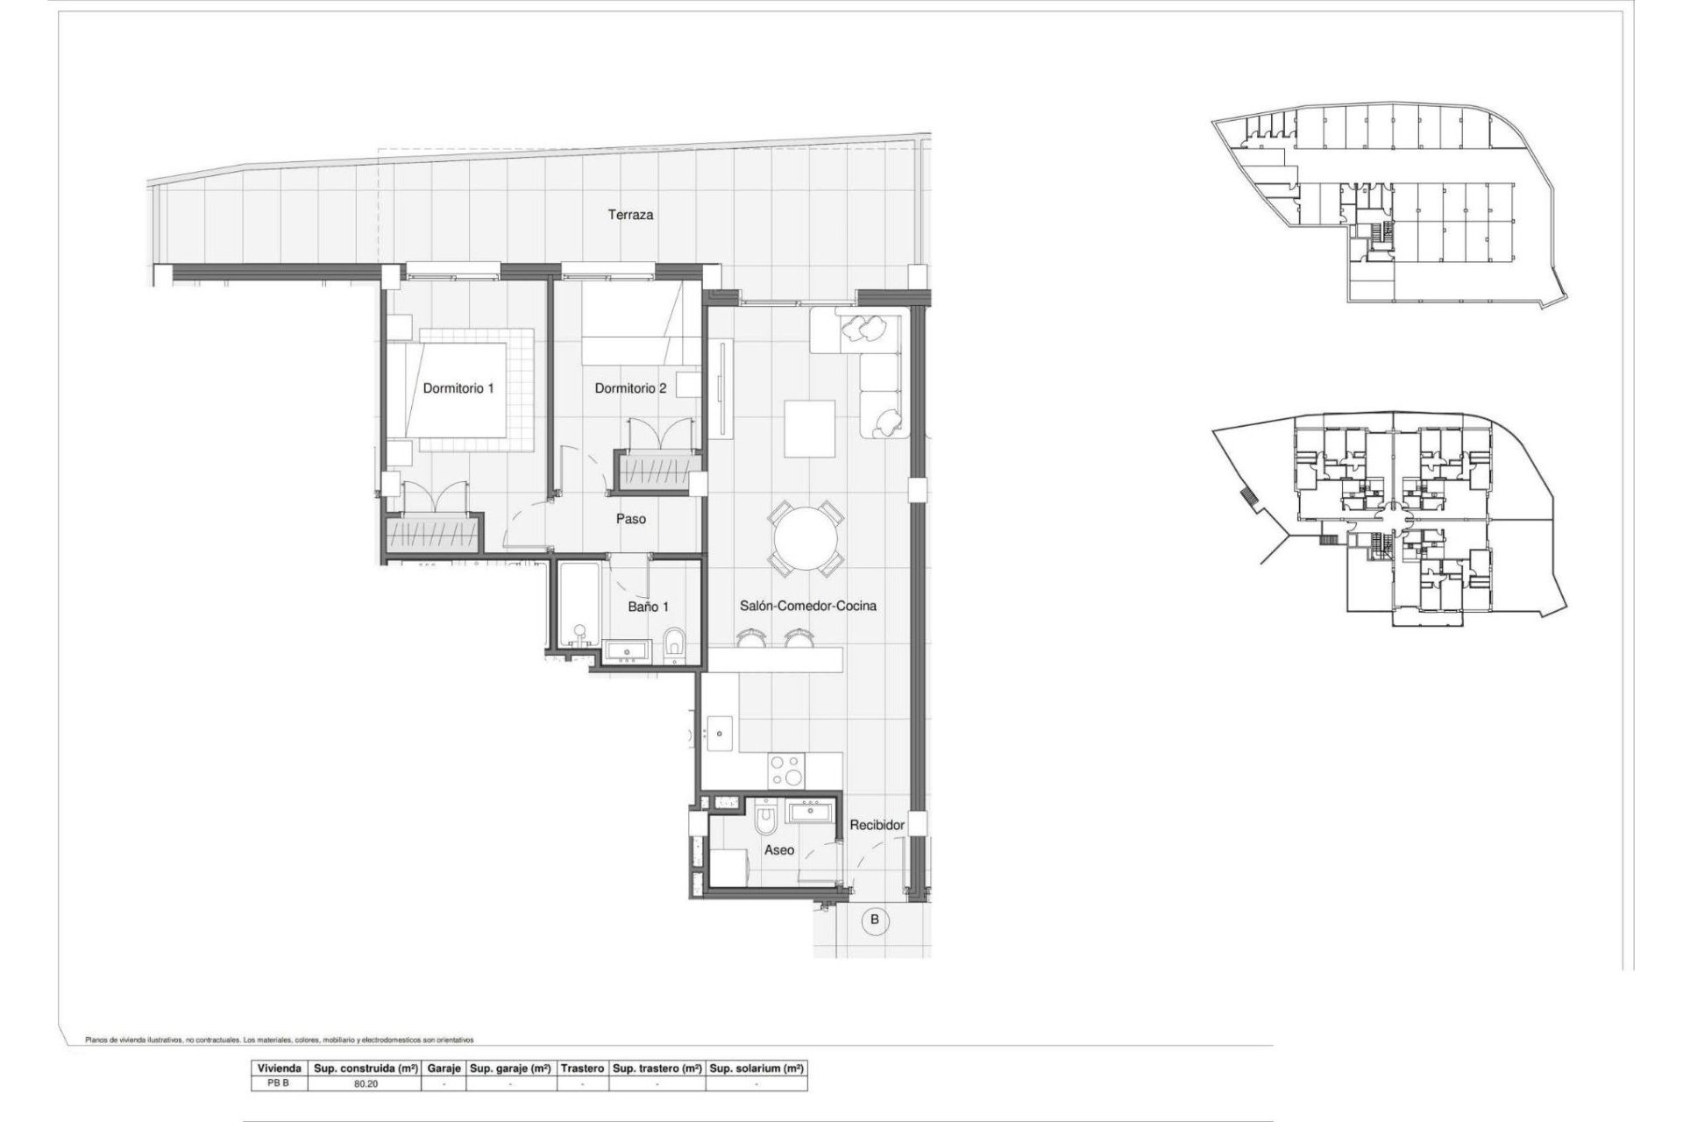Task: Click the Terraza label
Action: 631,215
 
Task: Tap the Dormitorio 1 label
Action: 458,388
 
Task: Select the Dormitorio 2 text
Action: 630,388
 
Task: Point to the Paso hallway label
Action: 630,519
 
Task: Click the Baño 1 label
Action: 649,607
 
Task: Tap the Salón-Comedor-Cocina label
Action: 807,606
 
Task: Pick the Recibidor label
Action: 876,825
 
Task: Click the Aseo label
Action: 778,850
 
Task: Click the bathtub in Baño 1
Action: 578,605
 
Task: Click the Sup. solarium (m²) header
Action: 756,1069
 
